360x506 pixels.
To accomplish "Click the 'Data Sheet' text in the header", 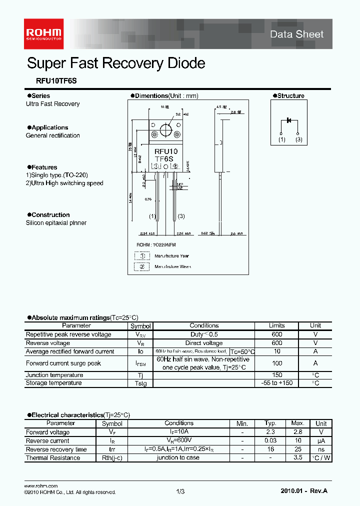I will pyautogui.click(x=296, y=34).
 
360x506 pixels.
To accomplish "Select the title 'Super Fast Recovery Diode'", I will pyautogui.click(x=115, y=63).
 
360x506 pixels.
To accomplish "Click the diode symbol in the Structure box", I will pyautogui.click(x=289, y=120).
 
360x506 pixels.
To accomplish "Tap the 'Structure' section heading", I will pyautogui.click(x=290, y=96).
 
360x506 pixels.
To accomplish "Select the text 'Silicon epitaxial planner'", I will pyautogui.click(x=56, y=223).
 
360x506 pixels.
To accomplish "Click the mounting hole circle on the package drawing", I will pyautogui.click(x=165, y=133).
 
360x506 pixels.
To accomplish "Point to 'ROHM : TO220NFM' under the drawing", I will pyautogui.click(x=156, y=245).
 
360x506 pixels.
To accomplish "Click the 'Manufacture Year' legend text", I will pyautogui.click(x=171, y=256).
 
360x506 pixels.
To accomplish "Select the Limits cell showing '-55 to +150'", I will pyautogui.click(x=276, y=383).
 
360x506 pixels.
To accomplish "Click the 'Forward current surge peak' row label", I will pyautogui.click(x=63, y=363).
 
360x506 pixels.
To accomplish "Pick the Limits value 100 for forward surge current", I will pyautogui.click(x=276, y=363).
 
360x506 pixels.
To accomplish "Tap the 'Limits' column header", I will pyautogui.click(x=276, y=325).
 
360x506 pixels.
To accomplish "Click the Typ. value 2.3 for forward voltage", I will pyautogui.click(x=270, y=432).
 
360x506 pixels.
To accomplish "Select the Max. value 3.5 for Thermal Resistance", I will pyautogui.click(x=297, y=457).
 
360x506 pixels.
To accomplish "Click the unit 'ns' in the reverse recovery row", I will pyautogui.click(x=321, y=449).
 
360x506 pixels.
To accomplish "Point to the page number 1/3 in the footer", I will pyautogui.click(x=180, y=492).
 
